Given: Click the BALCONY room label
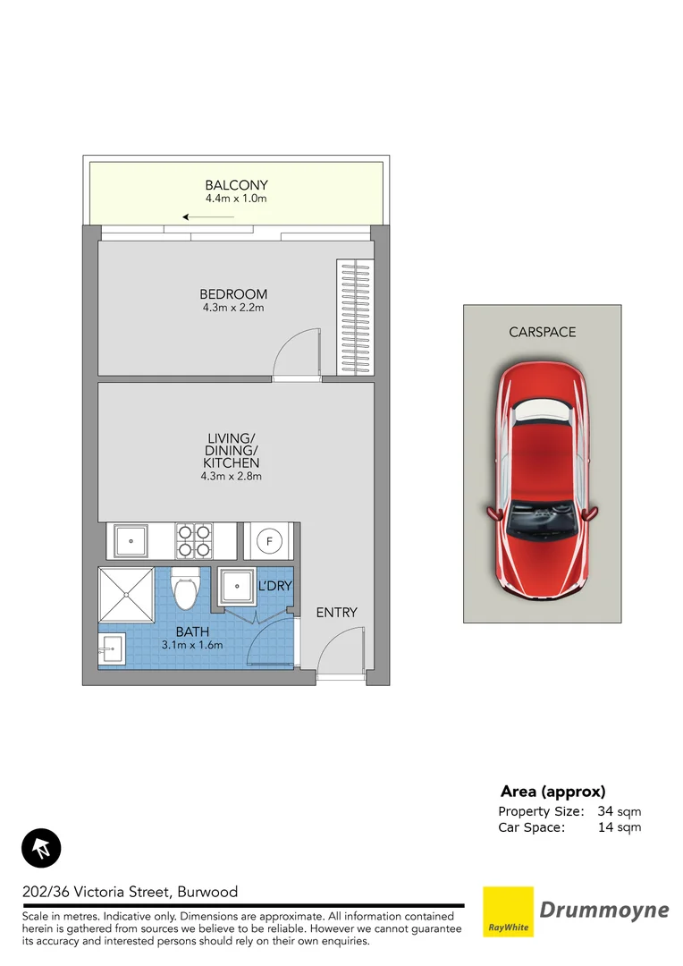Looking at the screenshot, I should click(x=236, y=186).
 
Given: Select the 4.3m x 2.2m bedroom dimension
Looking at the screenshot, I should click(x=232, y=308).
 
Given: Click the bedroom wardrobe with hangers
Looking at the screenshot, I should click(x=354, y=318).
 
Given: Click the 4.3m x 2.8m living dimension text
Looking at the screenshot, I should click(x=232, y=477).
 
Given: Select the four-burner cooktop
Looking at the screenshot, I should click(x=193, y=541).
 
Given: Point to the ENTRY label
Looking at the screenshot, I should click(x=336, y=613).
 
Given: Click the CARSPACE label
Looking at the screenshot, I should click(x=542, y=332).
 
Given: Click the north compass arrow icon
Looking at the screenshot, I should click(x=41, y=847).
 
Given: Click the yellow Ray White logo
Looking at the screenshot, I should click(x=508, y=911).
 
